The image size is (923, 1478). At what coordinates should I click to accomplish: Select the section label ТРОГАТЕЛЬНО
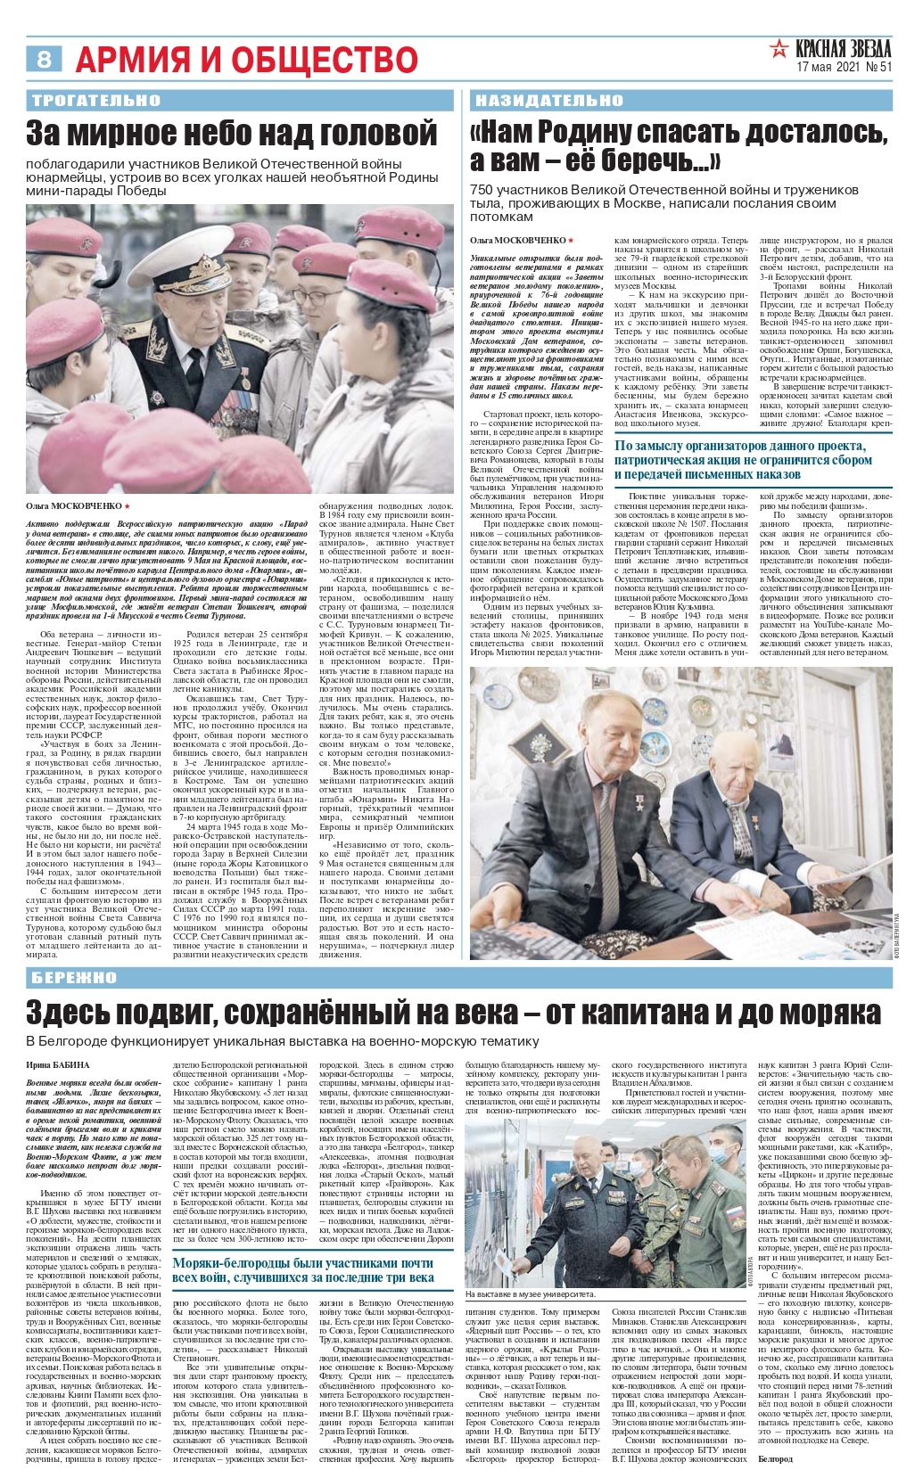tap(95, 100)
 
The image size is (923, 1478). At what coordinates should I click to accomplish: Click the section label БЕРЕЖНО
tap(75, 977)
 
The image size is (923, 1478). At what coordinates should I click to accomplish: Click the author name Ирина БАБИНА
tap(58, 1064)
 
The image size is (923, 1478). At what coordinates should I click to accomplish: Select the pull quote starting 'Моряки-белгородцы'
tap(303, 1270)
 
